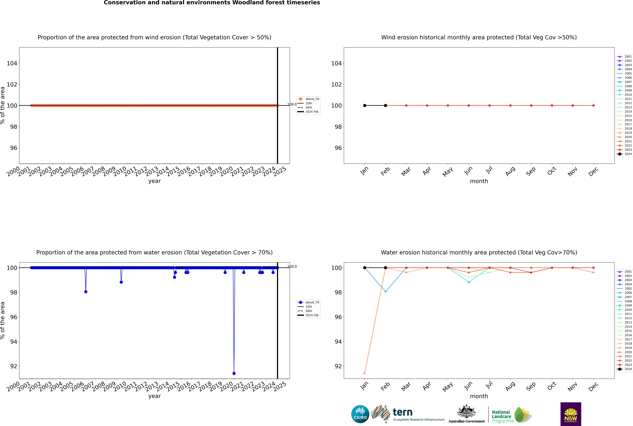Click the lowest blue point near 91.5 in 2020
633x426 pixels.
tap(234, 373)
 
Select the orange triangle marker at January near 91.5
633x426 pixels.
tap(365, 373)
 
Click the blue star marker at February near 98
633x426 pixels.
tap(385, 291)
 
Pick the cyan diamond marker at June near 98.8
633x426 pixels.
tap(469, 282)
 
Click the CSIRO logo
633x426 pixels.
tap(360, 414)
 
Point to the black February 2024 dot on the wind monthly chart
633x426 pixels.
tap(385, 105)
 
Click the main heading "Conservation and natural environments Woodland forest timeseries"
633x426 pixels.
tap(212, 3)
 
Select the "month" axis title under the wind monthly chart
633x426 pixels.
tap(479, 181)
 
